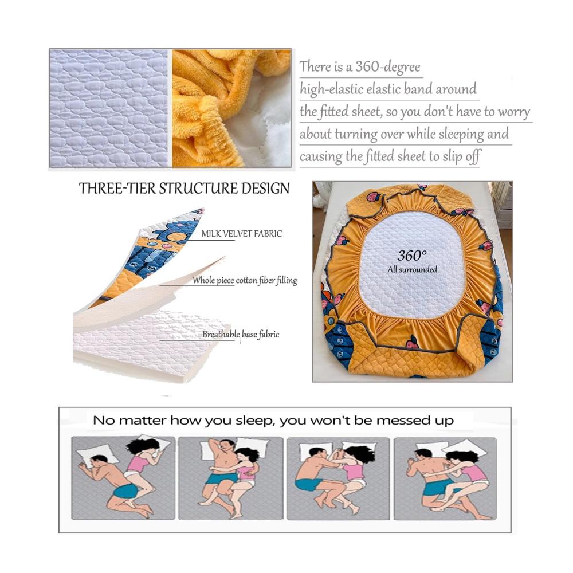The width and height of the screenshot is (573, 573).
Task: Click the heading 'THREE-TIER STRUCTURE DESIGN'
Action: [184, 189]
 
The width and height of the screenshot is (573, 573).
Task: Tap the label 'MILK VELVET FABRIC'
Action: [242, 234]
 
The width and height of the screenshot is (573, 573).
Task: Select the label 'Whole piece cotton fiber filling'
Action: [245, 281]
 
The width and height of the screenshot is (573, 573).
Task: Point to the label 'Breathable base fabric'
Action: [241, 335]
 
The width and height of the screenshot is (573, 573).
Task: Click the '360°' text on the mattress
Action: [412, 256]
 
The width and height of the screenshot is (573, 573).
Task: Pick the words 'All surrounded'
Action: [412, 270]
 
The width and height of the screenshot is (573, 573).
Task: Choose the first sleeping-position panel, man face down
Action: [123, 478]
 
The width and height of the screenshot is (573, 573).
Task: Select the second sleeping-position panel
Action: [230, 478]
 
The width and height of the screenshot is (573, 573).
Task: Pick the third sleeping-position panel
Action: [339, 478]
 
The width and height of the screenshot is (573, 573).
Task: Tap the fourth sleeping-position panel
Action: [445, 478]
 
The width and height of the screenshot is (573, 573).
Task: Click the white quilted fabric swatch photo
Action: [109, 108]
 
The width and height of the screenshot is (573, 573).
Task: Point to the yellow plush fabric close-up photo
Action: [231, 108]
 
